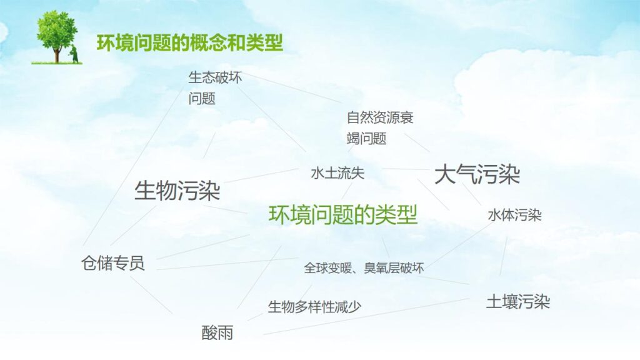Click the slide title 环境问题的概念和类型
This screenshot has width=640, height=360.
190,43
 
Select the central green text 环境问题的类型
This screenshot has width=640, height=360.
343,215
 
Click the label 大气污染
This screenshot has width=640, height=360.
477,174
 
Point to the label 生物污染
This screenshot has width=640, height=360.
177,191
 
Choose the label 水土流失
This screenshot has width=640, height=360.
337,174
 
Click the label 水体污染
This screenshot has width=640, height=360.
514,216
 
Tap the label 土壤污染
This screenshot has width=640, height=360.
518,302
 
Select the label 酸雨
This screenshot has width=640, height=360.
217,332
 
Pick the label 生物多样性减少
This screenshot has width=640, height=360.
314,307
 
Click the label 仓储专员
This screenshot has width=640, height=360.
113,263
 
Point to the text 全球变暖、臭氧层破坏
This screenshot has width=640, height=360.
364,268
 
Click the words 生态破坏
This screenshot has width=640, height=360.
215,78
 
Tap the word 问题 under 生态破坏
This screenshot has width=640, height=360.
202,99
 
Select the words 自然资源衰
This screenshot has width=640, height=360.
380,117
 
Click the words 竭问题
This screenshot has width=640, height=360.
367,138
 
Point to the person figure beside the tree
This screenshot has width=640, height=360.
74,53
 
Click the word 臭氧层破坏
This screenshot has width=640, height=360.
394,268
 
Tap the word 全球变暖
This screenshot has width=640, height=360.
325,268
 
